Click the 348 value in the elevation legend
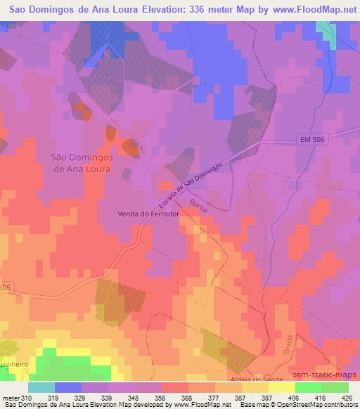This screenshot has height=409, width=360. [x=136, y=398]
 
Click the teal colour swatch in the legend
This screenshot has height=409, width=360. [x=41, y=387]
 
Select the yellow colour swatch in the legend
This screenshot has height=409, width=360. [x=283, y=387]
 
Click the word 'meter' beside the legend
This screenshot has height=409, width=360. [x=10, y=398]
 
